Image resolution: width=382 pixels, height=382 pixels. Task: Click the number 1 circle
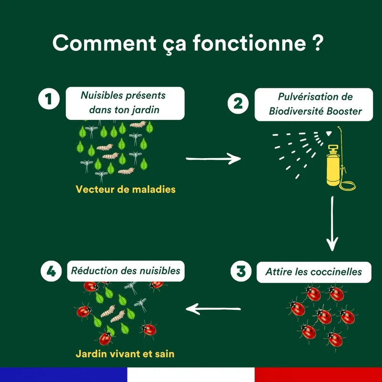(49, 99)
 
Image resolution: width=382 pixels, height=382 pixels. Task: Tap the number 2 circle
(238, 103)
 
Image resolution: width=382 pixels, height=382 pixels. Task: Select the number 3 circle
(241, 271)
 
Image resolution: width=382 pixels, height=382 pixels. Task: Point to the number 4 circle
(51, 271)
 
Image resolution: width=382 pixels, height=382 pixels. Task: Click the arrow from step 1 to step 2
(213, 159)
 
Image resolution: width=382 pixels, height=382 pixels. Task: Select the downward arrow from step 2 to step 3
(332, 223)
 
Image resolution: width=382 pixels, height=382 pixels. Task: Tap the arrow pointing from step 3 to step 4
(213, 309)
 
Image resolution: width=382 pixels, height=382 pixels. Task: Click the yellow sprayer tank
(333, 166)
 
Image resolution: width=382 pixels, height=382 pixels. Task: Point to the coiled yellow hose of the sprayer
(348, 185)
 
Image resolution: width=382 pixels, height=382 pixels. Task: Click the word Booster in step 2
(344, 111)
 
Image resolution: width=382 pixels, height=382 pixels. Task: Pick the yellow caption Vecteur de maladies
(126, 189)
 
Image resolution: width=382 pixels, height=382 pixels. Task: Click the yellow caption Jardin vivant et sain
(125, 354)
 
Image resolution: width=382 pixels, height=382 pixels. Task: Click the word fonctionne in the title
(249, 43)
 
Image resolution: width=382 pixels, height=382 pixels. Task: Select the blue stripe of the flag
(64, 375)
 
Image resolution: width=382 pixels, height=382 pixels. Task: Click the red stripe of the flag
(318, 375)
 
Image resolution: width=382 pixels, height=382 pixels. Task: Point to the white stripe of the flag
(191, 375)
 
